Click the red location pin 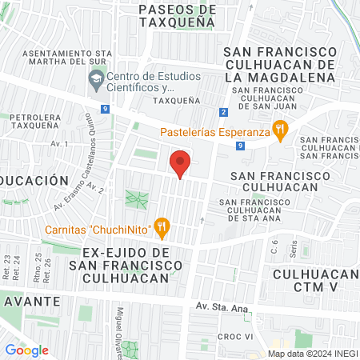point(181,163)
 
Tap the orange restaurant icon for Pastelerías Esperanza point(280,130)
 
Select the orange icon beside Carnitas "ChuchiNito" point(162,228)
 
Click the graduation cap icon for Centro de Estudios point(95,80)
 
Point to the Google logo point(26,350)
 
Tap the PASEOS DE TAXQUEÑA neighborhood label point(177,16)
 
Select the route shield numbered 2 point(223,112)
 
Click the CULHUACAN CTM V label point(313,280)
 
